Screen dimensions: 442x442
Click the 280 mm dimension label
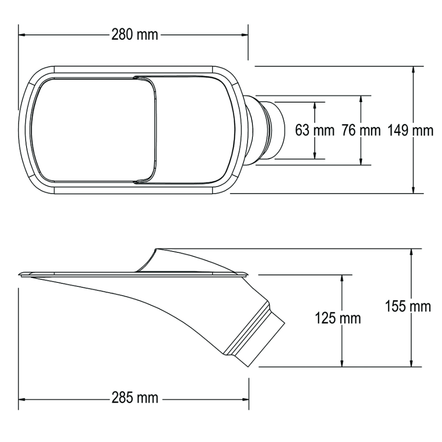point(135,35)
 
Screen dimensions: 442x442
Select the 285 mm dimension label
point(135,398)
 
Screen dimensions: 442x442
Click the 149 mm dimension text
point(410,131)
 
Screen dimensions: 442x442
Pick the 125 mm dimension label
point(337,318)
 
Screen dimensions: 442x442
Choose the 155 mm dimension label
point(409,306)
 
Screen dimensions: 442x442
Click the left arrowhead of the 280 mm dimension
point(23,35)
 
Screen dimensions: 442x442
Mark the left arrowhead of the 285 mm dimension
point(23,398)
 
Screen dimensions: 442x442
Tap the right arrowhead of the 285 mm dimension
point(247,398)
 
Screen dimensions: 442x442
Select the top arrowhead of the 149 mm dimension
point(414,70)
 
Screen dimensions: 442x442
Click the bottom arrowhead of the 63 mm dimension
point(315,156)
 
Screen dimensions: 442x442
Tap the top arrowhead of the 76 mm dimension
point(361,99)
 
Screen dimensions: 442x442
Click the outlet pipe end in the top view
point(275,131)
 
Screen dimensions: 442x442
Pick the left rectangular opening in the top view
point(93,130)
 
